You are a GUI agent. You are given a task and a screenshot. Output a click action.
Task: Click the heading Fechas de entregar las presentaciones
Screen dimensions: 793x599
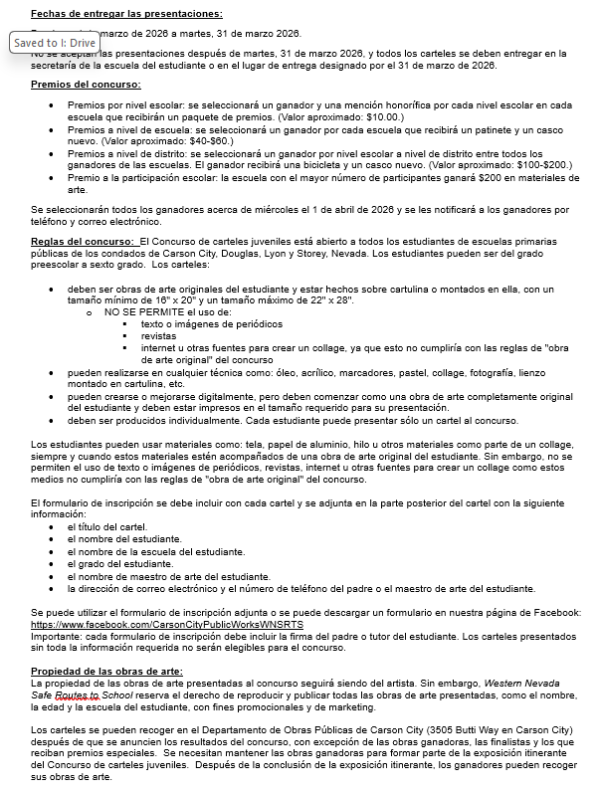point(126,14)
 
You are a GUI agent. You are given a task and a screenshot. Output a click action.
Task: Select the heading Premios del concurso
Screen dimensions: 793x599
point(86,87)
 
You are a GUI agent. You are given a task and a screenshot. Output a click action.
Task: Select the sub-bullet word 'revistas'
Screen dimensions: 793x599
point(159,336)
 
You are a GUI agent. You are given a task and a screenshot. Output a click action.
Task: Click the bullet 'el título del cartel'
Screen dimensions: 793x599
point(107,526)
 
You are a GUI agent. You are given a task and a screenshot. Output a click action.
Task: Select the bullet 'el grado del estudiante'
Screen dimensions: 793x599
point(114,564)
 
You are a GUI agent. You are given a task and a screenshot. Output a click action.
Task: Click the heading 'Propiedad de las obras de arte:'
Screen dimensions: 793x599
point(106,672)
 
